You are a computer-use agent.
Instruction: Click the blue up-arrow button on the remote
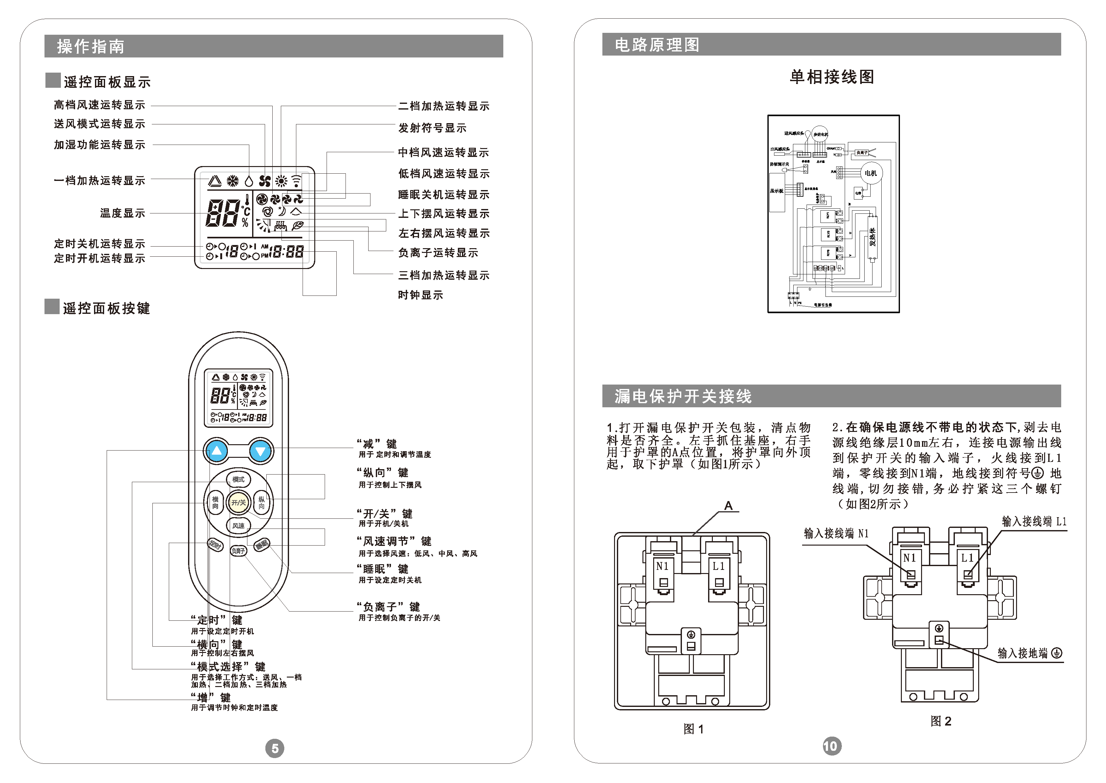217,451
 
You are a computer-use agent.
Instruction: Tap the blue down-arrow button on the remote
261,451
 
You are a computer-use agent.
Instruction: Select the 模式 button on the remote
239,479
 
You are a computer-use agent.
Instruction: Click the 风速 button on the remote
239,526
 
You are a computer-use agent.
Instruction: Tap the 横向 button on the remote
215,502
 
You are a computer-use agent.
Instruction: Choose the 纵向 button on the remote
262,502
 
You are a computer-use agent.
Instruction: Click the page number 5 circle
275,748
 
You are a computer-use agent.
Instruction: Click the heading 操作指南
91,47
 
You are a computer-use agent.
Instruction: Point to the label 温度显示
122,213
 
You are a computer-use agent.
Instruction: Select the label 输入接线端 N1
836,534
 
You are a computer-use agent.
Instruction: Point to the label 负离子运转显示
438,253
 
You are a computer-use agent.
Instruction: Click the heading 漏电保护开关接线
683,396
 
